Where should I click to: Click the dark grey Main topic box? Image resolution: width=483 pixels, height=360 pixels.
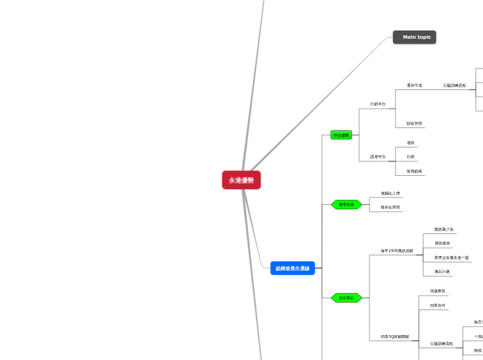pyautogui.click(x=414, y=37)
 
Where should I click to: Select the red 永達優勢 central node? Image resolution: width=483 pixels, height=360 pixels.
pyautogui.click(x=241, y=180)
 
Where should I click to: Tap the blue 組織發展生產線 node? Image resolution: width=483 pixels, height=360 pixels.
pyautogui.click(x=292, y=268)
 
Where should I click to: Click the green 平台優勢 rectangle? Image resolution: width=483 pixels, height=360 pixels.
pyautogui.click(x=341, y=135)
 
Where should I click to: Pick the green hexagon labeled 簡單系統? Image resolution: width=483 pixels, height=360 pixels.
pyautogui.click(x=346, y=204)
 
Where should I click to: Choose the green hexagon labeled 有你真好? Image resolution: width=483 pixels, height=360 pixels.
pyautogui.click(x=346, y=298)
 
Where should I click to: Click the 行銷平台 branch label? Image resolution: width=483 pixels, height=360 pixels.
pyautogui.click(x=378, y=105)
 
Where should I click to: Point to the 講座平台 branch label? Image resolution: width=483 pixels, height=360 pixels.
pyautogui.click(x=378, y=156)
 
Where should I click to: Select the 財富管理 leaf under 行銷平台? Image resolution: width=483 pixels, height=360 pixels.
pyautogui.click(x=414, y=124)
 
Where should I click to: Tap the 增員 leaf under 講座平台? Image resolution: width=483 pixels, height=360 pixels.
pyautogui.click(x=411, y=143)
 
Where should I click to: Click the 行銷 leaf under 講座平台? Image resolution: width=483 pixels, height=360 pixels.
pyautogui.click(x=411, y=156)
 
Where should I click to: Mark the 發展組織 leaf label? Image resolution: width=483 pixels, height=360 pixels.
pyautogui.click(x=415, y=171)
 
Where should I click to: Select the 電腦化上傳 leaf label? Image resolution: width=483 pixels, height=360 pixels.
pyautogui.click(x=390, y=193)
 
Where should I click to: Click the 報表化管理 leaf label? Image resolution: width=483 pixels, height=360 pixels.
pyautogui.click(x=390, y=207)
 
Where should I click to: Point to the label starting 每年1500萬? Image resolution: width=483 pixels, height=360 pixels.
pyautogui.click(x=396, y=251)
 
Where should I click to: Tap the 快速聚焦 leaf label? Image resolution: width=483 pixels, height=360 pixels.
pyautogui.click(x=437, y=291)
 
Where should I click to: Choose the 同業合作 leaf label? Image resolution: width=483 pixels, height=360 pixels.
pyautogui.click(x=437, y=305)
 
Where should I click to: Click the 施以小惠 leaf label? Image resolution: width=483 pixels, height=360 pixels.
pyautogui.click(x=442, y=271)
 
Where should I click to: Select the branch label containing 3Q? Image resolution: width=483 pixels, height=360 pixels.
pyautogui.click(x=394, y=337)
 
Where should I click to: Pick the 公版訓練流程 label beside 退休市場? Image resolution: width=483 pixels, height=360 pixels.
pyautogui.click(x=455, y=85)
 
